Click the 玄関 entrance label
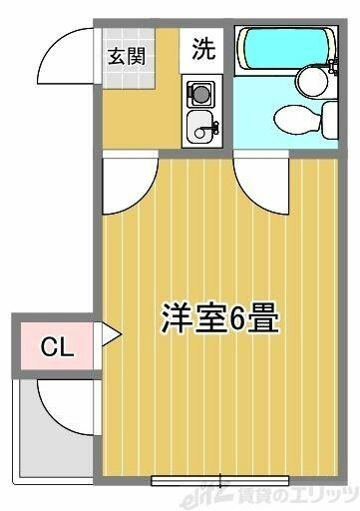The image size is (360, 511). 127,56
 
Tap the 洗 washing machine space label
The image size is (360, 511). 203,49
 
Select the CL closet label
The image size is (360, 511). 57,347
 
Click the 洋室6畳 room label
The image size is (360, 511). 219,317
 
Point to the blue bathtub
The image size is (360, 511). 286,49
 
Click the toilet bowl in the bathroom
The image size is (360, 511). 297,120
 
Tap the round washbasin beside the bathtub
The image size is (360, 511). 312,80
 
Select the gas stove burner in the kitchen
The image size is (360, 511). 200,94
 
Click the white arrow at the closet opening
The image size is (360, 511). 111,333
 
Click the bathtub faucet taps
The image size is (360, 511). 333,65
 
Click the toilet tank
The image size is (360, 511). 330,120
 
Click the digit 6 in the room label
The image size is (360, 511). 236,317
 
